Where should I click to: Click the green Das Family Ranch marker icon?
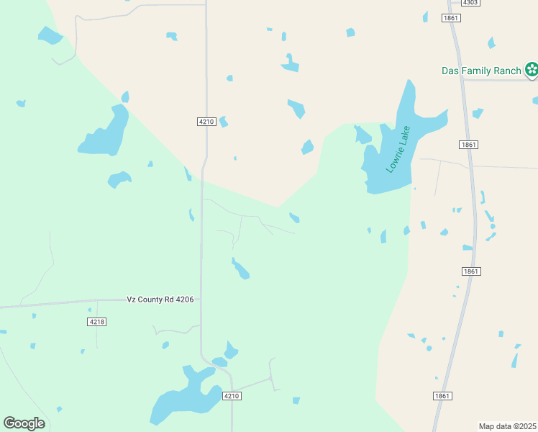pyautogui.click(x=531, y=70)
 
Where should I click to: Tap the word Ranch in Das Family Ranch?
pyautogui.click(x=506, y=71)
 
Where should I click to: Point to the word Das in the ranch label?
pyautogui.click(x=450, y=71)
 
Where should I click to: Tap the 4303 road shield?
pyautogui.click(x=470, y=3)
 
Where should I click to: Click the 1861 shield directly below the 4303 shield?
pyautogui.click(x=451, y=18)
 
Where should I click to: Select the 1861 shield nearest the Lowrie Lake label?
pyautogui.click(x=468, y=145)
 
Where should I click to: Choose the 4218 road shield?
pyautogui.click(x=97, y=321)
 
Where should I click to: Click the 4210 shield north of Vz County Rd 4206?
pyautogui.click(x=206, y=122)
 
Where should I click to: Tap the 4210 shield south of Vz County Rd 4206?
pyautogui.click(x=231, y=396)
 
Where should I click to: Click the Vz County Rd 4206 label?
pyautogui.click(x=159, y=299)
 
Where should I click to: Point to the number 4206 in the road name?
pyautogui.click(x=182, y=299)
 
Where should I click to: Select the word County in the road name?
pyautogui.click(x=150, y=299)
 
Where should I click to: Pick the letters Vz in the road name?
pyautogui.click(x=131, y=299)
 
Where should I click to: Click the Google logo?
pyautogui.click(x=24, y=423)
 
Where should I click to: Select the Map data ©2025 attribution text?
pyautogui.click(x=507, y=426)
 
